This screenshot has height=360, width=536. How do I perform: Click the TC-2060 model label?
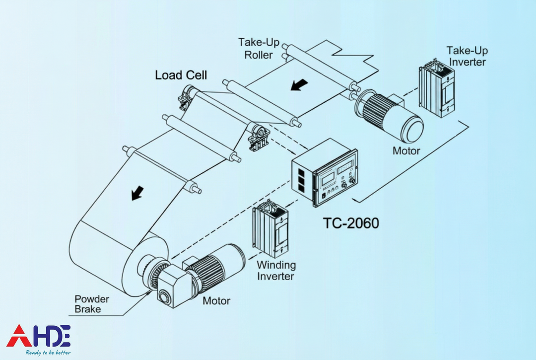tap(351, 223)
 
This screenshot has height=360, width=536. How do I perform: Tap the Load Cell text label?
tap(181, 75)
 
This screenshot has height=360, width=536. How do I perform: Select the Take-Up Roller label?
tap(259, 48)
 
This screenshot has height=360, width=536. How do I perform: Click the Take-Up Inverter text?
tap(466, 56)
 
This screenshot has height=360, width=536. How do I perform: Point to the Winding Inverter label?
tap(276, 271)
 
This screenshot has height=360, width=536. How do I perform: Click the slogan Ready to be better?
tap(48, 353)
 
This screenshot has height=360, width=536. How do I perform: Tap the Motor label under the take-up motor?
tap(406, 150)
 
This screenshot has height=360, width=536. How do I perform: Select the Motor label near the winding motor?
tap(216, 301)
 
